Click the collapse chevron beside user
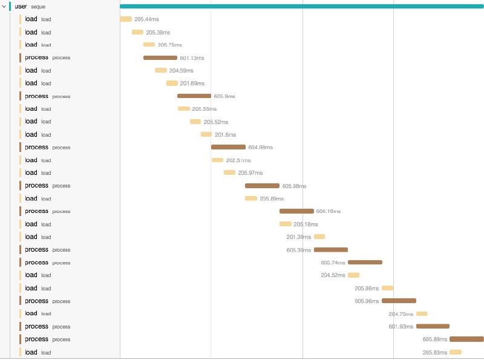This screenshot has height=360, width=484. (x=4, y=6)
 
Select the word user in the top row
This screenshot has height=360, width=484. (x=21, y=6)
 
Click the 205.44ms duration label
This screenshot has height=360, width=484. (x=146, y=19)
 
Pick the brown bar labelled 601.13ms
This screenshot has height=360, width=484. (x=160, y=58)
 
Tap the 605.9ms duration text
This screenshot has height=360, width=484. (x=224, y=96)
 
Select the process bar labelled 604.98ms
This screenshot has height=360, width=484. (x=228, y=147)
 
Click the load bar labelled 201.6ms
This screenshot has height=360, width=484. (x=206, y=134)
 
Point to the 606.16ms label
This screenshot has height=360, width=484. (x=329, y=211)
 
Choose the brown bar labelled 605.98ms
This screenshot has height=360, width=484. (x=262, y=186)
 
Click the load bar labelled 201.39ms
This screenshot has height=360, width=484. (x=319, y=237)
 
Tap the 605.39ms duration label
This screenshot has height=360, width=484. (x=299, y=250)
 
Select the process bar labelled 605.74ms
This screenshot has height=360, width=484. (x=365, y=263)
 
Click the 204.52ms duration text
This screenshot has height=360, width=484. (x=333, y=275)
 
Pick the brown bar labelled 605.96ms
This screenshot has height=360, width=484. (x=399, y=301)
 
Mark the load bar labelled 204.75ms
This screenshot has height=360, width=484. (x=422, y=313)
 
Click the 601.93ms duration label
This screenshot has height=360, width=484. (x=401, y=327)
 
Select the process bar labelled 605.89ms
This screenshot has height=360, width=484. (x=466, y=339)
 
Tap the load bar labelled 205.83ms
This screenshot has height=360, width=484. (x=456, y=352)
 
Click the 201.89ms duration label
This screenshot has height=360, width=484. (x=192, y=83)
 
